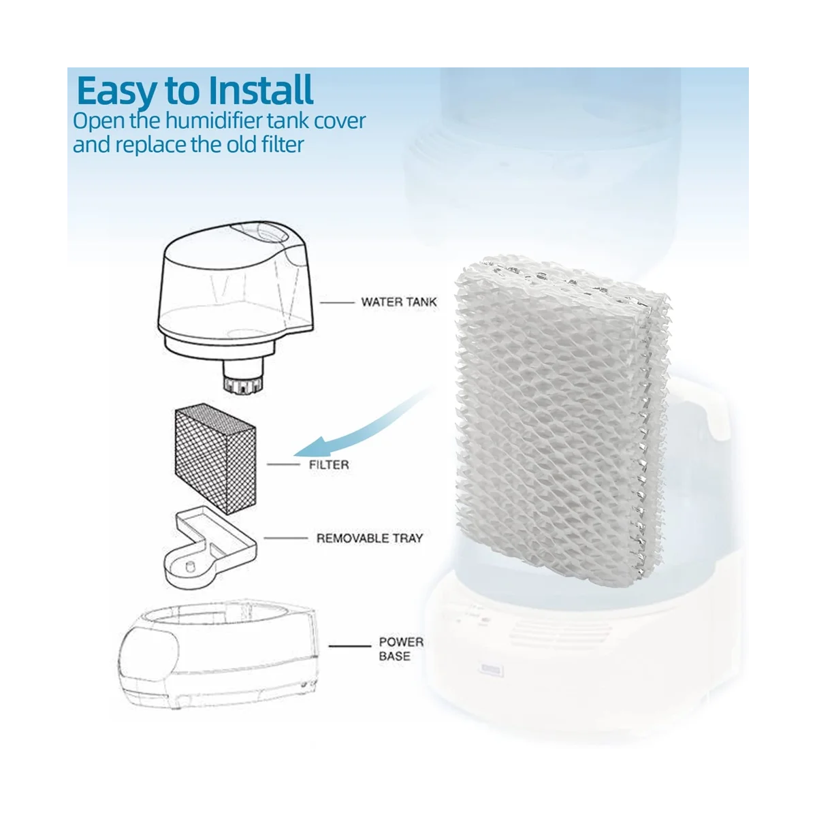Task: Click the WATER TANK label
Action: point(399,302)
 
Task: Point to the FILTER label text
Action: point(329,465)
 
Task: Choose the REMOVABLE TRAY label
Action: point(370,539)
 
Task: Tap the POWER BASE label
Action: point(401,649)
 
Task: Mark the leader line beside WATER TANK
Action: point(334,302)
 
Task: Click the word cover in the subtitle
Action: point(339,121)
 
